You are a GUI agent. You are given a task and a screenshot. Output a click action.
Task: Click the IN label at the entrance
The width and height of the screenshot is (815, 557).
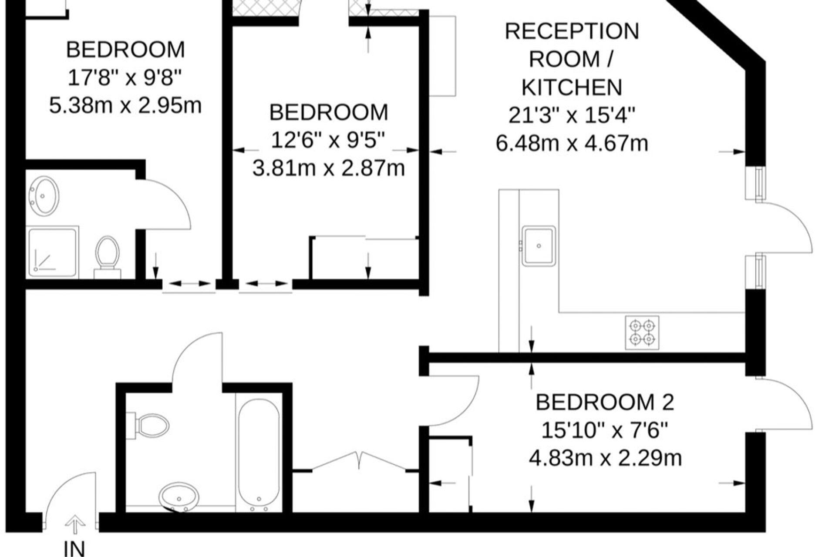74,548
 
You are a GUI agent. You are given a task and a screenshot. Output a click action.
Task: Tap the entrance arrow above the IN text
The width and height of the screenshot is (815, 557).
75,524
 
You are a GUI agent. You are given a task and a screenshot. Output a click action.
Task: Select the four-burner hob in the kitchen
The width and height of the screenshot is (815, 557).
642,332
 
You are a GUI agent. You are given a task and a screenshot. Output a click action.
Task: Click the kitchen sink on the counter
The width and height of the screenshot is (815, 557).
539,246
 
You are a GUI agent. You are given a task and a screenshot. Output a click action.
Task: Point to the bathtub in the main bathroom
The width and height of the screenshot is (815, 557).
259,455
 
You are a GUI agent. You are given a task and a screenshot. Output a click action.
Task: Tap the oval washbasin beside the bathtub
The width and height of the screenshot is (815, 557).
179,496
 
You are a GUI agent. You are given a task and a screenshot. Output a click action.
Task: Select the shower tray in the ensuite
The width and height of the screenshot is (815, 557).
53,252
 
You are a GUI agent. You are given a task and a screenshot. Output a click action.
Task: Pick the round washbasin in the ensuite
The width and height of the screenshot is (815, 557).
43,195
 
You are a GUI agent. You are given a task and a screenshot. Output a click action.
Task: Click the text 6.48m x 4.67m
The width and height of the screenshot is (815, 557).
572,143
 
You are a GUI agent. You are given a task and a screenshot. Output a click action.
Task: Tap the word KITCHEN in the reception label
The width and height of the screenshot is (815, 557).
572,87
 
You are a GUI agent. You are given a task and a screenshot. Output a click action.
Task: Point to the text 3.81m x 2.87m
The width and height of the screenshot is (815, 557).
329,168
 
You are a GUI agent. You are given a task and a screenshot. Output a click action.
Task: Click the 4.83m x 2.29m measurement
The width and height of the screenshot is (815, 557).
605,458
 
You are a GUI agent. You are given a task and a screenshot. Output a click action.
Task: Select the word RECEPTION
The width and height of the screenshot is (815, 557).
572,31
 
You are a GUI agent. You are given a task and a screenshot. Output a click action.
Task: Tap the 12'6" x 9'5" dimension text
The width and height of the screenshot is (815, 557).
329,141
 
